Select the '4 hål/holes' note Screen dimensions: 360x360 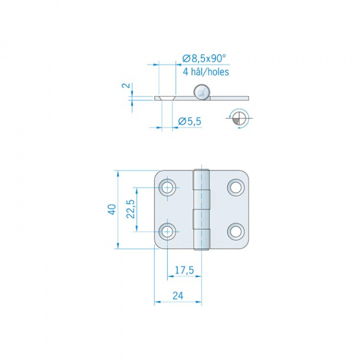click(205, 72)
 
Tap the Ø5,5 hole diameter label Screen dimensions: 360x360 click(189, 121)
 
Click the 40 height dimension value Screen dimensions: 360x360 click(112, 209)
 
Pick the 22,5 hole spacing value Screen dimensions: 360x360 click(130, 209)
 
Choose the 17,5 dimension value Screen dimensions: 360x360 click(184, 270)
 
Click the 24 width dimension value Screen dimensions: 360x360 click(178, 295)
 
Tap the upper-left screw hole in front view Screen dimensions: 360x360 click(167, 187)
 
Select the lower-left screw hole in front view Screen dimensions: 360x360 click(167, 231)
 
